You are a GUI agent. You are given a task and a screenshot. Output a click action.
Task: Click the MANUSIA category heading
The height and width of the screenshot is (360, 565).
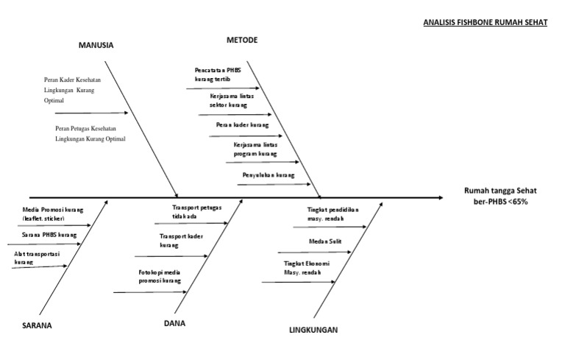click(96, 46)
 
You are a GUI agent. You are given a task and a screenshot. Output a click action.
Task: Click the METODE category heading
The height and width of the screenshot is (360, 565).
click(242, 39)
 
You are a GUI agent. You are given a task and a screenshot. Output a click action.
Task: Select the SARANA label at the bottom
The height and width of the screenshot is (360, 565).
click(37, 325)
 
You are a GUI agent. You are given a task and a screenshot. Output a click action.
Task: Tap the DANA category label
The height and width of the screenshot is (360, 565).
click(174, 322)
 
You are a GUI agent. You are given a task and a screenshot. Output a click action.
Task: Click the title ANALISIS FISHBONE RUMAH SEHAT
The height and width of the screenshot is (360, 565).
click(486, 22)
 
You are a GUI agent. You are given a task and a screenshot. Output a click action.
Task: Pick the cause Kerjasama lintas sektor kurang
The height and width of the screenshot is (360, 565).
click(228, 101)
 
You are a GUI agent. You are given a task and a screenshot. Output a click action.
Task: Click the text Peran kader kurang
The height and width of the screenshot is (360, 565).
click(242, 125)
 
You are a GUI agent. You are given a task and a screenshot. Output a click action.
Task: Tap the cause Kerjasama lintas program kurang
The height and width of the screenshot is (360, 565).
click(255, 149)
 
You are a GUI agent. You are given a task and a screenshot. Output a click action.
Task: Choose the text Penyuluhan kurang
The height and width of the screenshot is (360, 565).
click(268, 175)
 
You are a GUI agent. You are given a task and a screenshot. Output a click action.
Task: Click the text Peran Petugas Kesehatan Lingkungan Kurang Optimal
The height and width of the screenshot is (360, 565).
click(90, 133)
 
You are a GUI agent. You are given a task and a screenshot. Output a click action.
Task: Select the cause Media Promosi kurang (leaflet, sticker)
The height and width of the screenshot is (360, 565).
click(49, 214)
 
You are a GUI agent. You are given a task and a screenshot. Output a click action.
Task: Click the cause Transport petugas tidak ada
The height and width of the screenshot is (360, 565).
click(195, 212)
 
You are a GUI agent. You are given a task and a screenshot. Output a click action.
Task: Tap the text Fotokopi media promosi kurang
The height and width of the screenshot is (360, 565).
click(159, 277)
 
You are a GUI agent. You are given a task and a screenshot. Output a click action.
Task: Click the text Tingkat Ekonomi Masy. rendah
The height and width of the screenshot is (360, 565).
click(306, 267)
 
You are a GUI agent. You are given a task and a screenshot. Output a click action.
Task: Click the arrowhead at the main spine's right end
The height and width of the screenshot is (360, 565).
click(440, 197)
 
